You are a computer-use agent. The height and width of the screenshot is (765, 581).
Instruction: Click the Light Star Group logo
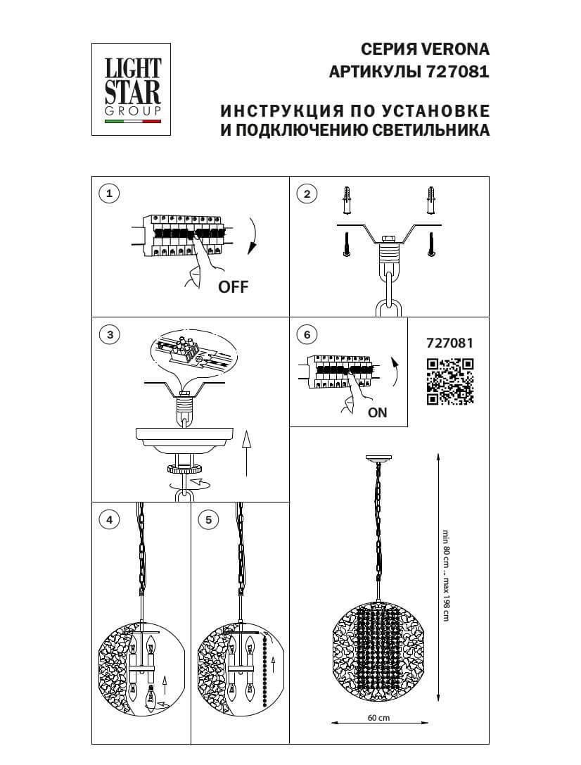(133, 88)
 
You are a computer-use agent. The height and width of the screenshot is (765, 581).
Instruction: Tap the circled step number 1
(108, 194)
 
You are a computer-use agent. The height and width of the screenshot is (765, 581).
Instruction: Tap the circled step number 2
(307, 194)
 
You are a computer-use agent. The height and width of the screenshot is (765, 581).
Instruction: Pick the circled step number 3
(108, 335)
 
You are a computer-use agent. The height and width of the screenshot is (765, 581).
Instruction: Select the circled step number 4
(108, 520)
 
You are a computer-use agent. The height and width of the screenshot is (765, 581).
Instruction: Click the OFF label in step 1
(234, 286)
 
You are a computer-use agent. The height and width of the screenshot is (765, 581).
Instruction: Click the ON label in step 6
(378, 413)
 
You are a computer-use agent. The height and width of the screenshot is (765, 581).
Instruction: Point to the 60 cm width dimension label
(378, 718)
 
